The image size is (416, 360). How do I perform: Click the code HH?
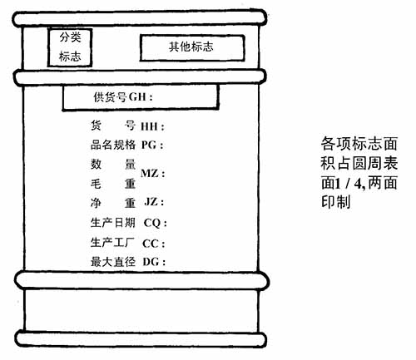pyautogui.click(x=152, y=126)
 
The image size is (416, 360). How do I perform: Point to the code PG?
pyautogui.click(x=152, y=145)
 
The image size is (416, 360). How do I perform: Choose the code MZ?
pyautogui.click(x=153, y=174)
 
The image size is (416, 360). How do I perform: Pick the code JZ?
pyautogui.click(x=154, y=202)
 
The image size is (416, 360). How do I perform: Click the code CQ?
pyautogui.click(x=156, y=223)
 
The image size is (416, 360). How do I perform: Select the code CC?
pyautogui.click(x=154, y=244)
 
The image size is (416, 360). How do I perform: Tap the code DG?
pyautogui.click(x=154, y=262)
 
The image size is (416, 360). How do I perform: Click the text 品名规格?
pyautogui.click(x=113, y=145)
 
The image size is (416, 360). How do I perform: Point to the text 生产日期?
pyautogui.click(x=113, y=223)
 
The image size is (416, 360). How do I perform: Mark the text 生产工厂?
pyautogui.click(x=112, y=243)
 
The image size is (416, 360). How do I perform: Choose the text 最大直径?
pyautogui.click(x=113, y=262)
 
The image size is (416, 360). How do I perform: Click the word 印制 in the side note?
pyautogui.click(x=336, y=202)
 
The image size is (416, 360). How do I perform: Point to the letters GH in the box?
pyautogui.click(x=137, y=97)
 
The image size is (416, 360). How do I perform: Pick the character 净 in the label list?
pyautogui.click(x=96, y=203)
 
